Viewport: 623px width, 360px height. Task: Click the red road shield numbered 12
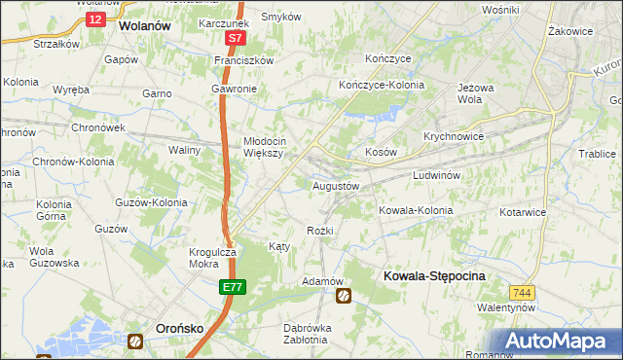click(93, 18)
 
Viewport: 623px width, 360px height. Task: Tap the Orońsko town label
click(180, 329)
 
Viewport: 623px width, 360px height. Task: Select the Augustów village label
click(336, 185)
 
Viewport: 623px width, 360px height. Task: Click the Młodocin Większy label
click(263, 146)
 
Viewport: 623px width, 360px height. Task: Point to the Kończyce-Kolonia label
click(382, 85)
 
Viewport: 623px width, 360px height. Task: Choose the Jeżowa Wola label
click(470, 92)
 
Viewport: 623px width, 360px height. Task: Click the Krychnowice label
click(454, 137)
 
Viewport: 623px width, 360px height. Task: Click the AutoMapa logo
click(558, 342)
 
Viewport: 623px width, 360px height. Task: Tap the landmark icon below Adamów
click(343, 296)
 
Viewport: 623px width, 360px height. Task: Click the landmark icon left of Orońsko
click(135, 340)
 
